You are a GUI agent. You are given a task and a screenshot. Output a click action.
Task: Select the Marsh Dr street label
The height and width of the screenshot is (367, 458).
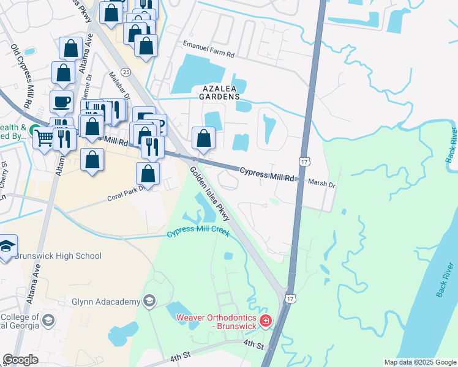point(322,182)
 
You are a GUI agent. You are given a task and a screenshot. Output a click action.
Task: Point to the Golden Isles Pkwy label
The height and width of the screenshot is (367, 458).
point(209,195)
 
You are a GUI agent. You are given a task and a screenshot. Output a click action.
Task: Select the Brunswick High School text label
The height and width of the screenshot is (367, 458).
point(58,256)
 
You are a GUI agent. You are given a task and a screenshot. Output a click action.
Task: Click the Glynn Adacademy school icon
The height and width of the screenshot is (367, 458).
point(148,300)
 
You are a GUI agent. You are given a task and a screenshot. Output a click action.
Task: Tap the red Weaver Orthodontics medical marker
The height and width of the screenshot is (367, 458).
point(265,321)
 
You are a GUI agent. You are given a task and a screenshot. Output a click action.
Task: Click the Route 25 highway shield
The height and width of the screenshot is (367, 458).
point(126,72)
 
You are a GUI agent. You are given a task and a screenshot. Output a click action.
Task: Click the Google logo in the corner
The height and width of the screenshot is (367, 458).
point(20,360)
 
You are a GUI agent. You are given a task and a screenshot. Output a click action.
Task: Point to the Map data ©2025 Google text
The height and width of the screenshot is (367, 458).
point(419,362)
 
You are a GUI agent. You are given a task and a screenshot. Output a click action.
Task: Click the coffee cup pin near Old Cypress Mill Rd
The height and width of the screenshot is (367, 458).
point(61,102)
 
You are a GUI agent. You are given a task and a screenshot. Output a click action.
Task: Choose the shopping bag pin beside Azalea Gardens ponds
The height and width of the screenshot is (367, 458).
point(204,139)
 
